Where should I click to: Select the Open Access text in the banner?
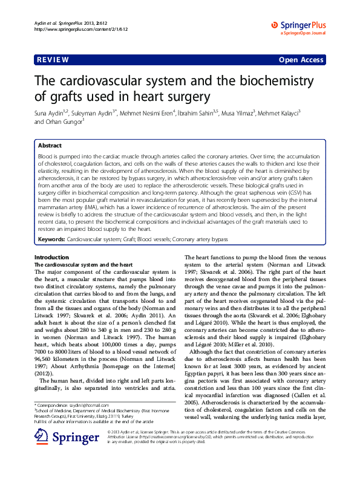[302, 60]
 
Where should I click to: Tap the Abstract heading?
[50, 146]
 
